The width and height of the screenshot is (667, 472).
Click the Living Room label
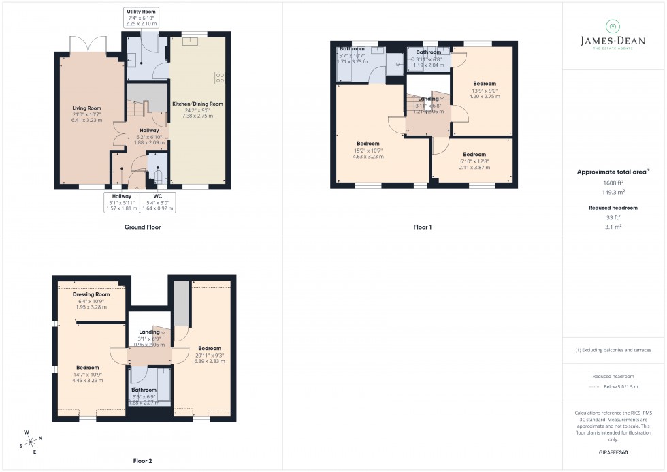pos(86,108)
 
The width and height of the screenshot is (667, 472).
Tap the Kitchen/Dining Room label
pos(197,104)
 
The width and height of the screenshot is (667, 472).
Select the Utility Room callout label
pos(141,12)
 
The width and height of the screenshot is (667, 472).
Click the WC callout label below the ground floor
pos(157,196)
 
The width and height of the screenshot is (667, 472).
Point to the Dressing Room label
pos(91,294)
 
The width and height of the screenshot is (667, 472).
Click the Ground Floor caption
pos(143,227)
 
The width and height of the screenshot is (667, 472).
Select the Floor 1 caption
pos(422,227)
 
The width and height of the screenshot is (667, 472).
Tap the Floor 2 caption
pos(143,461)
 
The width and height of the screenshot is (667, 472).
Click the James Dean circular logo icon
pos(613,26)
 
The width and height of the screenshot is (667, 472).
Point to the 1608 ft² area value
pos(613,183)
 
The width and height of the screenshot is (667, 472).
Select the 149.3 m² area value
pos(613,192)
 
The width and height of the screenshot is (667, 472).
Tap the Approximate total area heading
pos(611,172)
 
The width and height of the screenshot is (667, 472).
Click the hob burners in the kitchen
pos(220,78)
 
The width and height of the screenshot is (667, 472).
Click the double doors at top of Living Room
pos(88,44)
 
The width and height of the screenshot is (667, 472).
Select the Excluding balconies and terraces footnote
pos(613,350)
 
